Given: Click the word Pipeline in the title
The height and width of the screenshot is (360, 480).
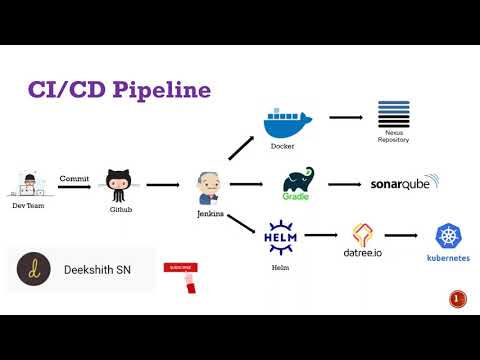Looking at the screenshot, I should tap(160, 90).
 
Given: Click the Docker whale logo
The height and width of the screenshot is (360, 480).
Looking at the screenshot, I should tap(288, 123).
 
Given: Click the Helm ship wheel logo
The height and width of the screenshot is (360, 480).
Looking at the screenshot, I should tap(280, 239).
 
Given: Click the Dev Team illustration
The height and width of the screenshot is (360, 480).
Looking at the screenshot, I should tap(29, 184).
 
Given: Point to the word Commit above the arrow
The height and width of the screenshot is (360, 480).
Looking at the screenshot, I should tap(74, 178).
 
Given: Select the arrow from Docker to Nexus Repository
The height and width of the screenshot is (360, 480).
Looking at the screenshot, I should tap(345, 117).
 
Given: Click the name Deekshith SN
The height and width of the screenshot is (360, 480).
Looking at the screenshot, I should tap(99, 269).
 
